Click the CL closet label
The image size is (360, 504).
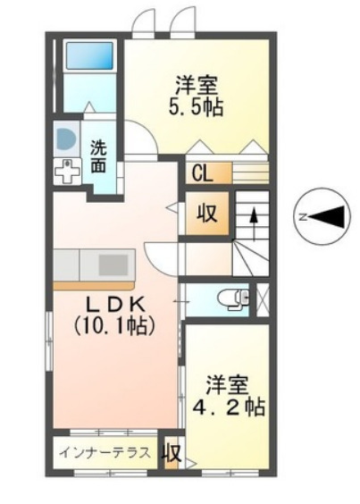tap(200, 172)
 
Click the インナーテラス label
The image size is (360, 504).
tap(105, 452)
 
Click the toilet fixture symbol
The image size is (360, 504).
tap(237, 299)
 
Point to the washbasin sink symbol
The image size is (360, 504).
tap(65, 139)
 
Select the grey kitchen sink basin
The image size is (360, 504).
tap(113, 265)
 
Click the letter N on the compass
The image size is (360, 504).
tap(304, 215)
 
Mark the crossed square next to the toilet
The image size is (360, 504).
tap(263, 298)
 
